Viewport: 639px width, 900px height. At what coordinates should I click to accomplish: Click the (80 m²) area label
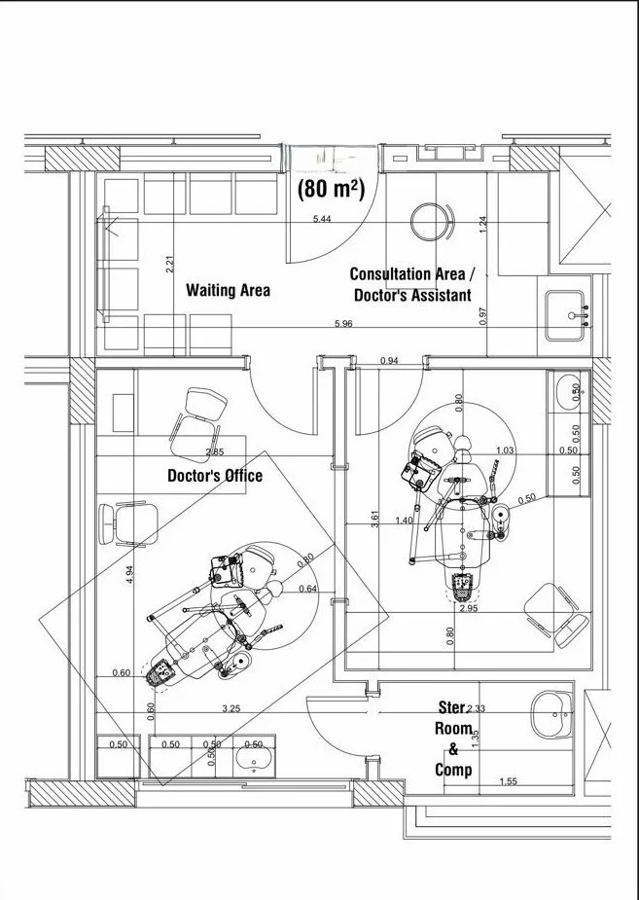pyautogui.click(x=331, y=189)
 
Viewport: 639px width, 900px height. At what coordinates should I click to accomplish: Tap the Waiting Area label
pyautogui.click(x=228, y=290)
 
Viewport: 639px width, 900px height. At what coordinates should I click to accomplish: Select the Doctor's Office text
pyautogui.click(x=215, y=476)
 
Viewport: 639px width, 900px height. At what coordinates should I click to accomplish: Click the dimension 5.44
pyautogui.click(x=322, y=219)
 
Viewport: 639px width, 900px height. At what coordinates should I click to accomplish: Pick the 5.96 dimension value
pyautogui.click(x=342, y=323)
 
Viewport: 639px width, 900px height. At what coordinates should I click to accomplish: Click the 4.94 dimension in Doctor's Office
pyautogui.click(x=130, y=574)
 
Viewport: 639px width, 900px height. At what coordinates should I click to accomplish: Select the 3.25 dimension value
pyautogui.click(x=231, y=709)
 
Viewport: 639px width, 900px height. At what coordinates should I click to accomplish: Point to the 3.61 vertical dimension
pyautogui.click(x=374, y=520)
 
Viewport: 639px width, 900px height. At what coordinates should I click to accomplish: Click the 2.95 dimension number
pyautogui.click(x=468, y=608)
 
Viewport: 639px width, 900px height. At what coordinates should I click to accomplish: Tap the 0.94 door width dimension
pyautogui.click(x=389, y=361)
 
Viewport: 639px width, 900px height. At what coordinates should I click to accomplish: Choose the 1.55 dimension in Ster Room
pyautogui.click(x=508, y=781)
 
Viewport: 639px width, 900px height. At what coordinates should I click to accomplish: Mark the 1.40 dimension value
pyautogui.click(x=405, y=521)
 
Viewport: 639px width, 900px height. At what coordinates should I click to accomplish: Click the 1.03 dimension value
pyautogui.click(x=505, y=450)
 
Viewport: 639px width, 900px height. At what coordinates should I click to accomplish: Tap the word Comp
pyautogui.click(x=453, y=770)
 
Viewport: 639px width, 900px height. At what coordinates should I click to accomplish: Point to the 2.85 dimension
pyautogui.click(x=215, y=453)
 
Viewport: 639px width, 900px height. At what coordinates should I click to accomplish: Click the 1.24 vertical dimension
pyautogui.click(x=482, y=223)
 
